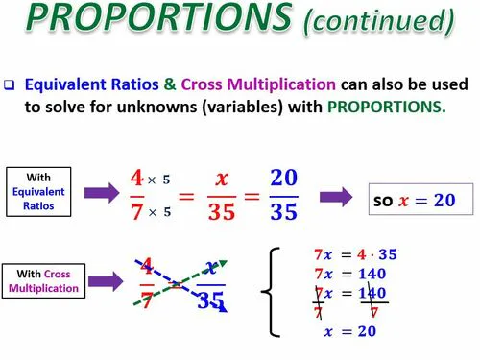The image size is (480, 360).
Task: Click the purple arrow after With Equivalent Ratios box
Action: (106, 193)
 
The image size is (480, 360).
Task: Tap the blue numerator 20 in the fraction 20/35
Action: (284, 179)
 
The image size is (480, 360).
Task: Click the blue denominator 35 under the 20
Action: (283, 213)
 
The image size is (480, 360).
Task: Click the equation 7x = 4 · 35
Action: (355, 255)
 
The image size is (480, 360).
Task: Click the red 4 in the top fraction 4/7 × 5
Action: (136, 179)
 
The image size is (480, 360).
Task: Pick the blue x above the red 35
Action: (221, 179)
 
